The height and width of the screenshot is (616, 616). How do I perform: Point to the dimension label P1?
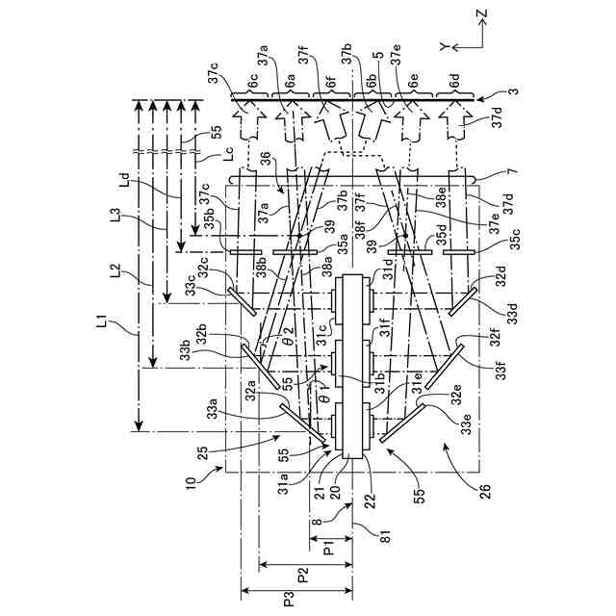[329, 553]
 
